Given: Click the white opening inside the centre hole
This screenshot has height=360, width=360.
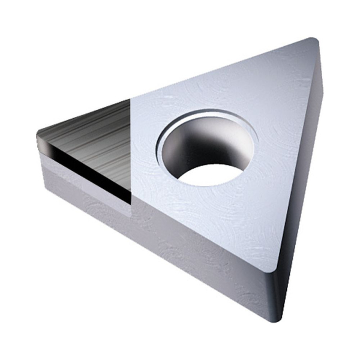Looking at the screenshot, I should (211, 173).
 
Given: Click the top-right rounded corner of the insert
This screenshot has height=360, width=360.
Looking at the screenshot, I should (311, 45).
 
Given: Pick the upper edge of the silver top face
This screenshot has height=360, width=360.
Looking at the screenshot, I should (222, 68).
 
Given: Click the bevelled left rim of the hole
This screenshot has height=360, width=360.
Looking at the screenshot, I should (163, 150).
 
